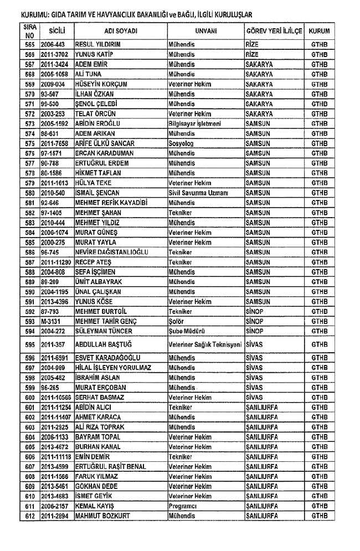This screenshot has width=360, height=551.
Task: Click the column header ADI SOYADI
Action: pyautogui.click(x=120, y=30)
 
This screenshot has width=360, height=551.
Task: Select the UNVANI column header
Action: pyautogui.click(x=205, y=30)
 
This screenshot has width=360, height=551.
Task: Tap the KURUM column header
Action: pyautogui.click(x=320, y=30)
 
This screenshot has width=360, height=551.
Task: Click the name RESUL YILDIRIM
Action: pyautogui.click(x=98, y=44)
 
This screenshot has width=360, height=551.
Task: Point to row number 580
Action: pyautogui.click(x=30, y=193)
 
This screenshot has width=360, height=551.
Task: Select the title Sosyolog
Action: pyautogui.click(x=181, y=143)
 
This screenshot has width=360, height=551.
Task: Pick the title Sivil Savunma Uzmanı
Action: pyautogui.click(x=199, y=193)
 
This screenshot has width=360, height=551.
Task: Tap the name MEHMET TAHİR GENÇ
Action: pyautogui.click(x=106, y=322)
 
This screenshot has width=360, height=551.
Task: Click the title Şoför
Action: pyautogui.click(x=177, y=322)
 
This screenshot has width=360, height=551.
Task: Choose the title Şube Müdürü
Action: pyautogui.click(x=186, y=332)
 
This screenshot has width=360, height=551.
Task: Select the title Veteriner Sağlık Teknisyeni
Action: pyautogui.click(x=205, y=344)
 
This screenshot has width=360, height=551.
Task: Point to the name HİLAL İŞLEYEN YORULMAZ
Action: pyautogui.click(x=113, y=368)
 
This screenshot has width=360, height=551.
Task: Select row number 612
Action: pyautogui.click(x=30, y=517)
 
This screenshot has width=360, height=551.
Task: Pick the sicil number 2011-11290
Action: pyautogui.click(x=56, y=262)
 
